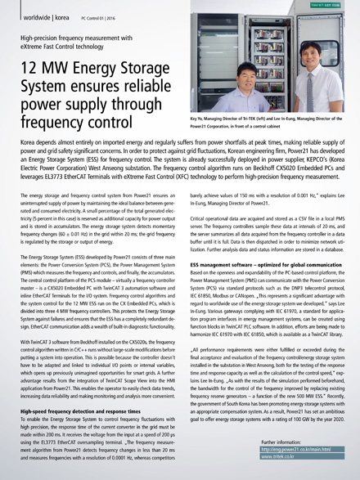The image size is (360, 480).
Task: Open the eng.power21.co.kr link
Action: click(297, 449)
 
